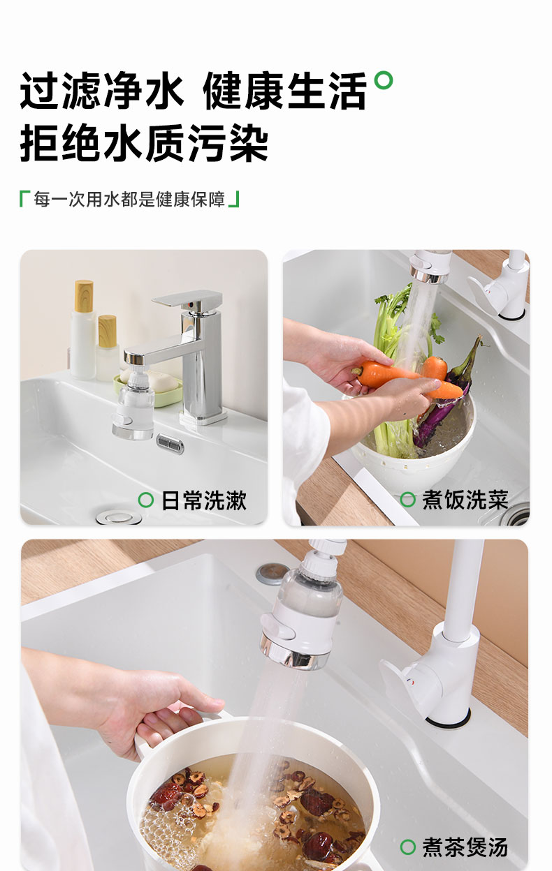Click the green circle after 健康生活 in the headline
coord(384,80)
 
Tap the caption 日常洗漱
coord(204,500)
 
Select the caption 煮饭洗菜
coord(465,500)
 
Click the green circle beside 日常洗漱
coord(146,500)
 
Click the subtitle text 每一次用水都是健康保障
coord(129,199)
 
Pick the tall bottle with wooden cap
coord(83,329)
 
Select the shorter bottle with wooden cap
coord(107,348)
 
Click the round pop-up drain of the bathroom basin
coord(119,518)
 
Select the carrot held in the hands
coord(405,379)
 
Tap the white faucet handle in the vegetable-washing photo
coord(486,292)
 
